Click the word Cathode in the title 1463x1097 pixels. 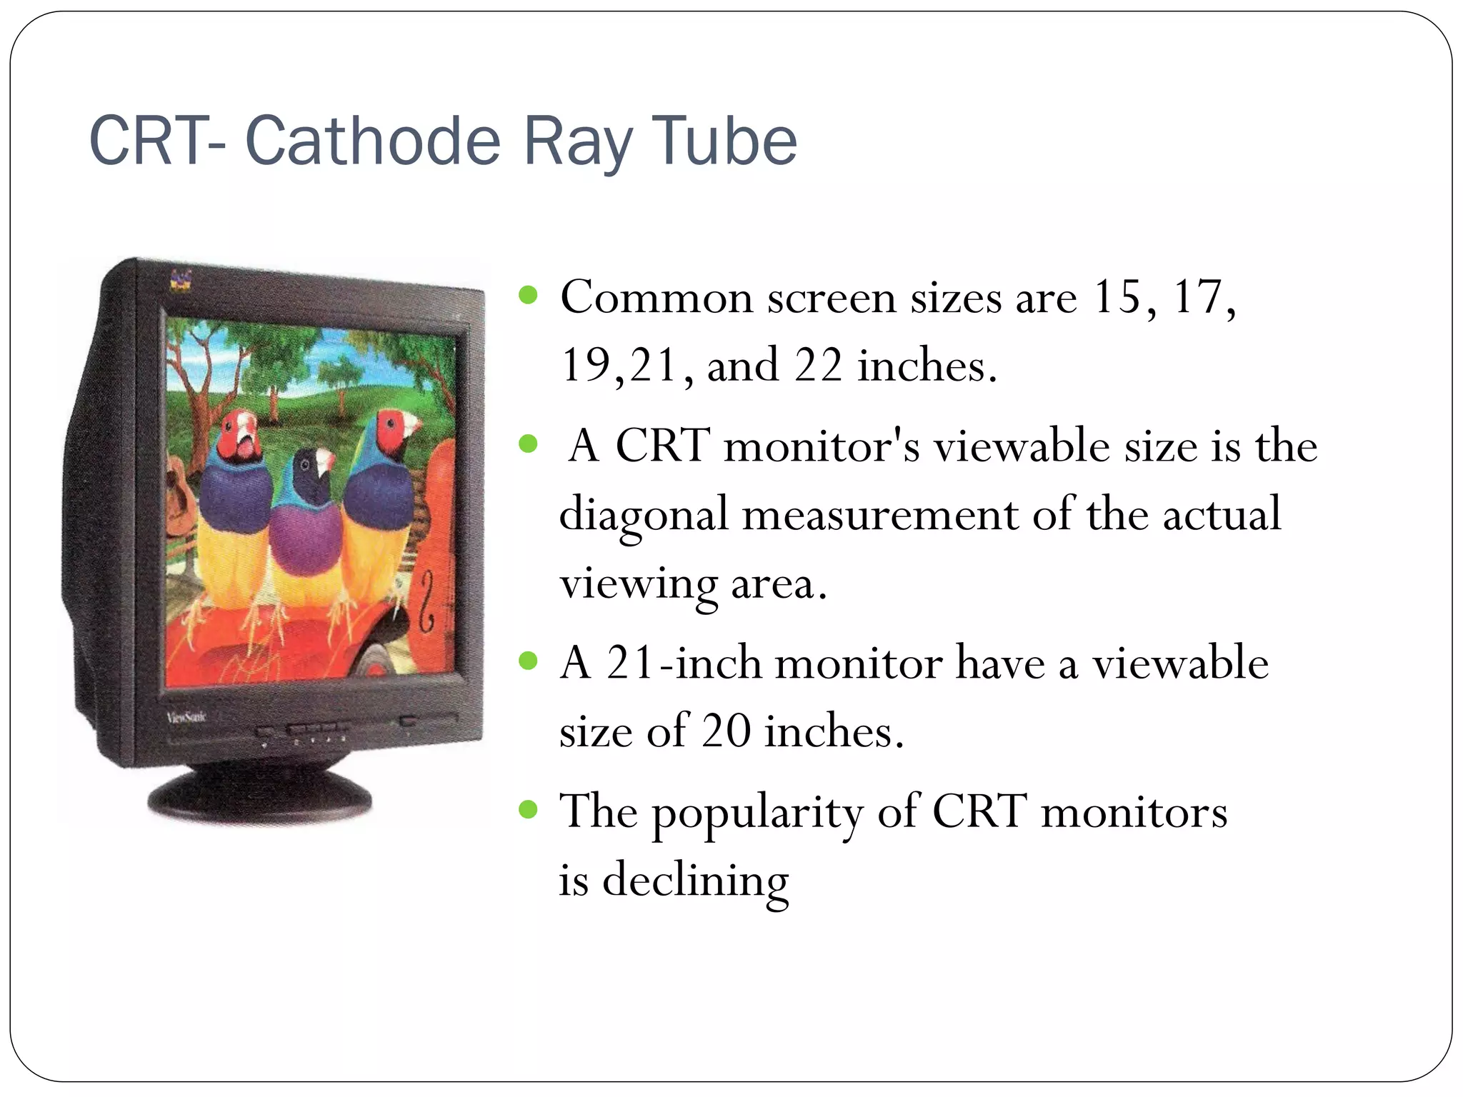point(373,141)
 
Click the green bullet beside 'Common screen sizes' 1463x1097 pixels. point(528,295)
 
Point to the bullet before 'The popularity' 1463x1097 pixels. point(528,809)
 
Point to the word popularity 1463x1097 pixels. point(757,813)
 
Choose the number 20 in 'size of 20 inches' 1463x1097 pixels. point(726,731)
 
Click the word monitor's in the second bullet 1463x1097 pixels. point(822,446)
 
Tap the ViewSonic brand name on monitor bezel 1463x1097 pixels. point(186,717)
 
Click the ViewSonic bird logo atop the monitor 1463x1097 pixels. point(181,280)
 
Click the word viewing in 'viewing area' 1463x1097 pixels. point(637,584)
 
